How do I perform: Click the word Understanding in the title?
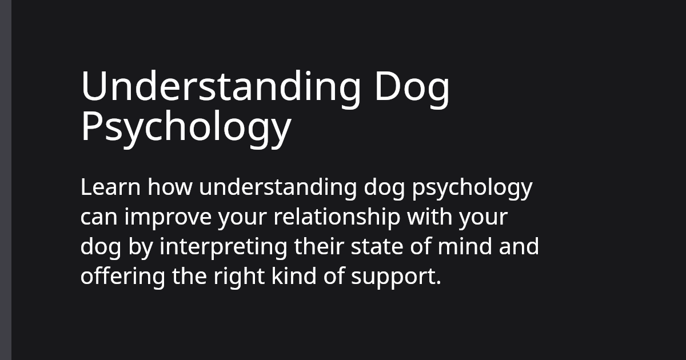pyautogui.click(x=221, y=87)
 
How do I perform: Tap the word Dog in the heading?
pyautogui.click(x=412, y=87)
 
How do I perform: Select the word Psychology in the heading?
pyautogui.click(x=186, y=127)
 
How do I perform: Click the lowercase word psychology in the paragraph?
pyautogui.click(x=472, y=189)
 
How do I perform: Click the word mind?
pyautogui.click(x=464, y=247)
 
